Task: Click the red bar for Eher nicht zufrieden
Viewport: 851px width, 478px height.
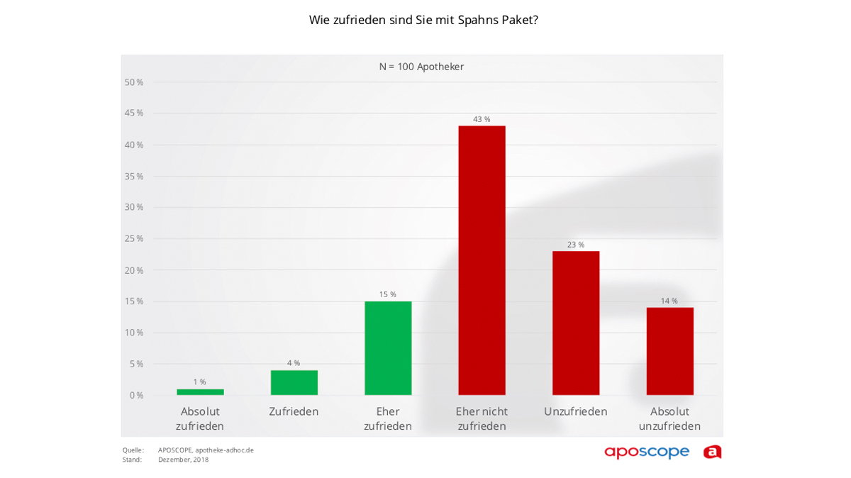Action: click(482, 260)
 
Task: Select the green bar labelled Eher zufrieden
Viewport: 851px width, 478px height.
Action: click(388, 348)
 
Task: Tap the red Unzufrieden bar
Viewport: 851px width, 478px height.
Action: click(576, 323)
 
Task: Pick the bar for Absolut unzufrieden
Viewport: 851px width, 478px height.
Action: click(669, 351)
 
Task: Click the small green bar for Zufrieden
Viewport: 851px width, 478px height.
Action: click(294, 382)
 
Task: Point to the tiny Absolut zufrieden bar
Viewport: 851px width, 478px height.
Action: click(200, 391)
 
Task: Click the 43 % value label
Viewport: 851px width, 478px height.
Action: click(482, 119)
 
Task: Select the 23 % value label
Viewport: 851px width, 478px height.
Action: click(576, 245)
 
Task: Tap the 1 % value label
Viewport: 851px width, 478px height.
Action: click(200, 382)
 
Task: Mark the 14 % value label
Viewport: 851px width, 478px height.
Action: click(669, 301)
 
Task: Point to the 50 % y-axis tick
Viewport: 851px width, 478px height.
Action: click(134, 82)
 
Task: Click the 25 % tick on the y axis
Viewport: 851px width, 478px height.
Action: click(134, 238)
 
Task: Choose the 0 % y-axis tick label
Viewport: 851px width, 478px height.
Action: click(136, 395)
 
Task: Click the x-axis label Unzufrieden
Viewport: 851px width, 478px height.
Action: click(576, 411)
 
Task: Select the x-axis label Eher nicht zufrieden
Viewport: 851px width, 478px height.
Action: click(482, 418)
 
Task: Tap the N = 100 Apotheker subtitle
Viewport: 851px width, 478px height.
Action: click(421, 67)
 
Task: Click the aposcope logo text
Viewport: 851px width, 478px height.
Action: click(647, 452)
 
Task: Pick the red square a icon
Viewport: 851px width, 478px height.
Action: click(712, 452)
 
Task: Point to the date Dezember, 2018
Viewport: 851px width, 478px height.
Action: click(183, 460)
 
